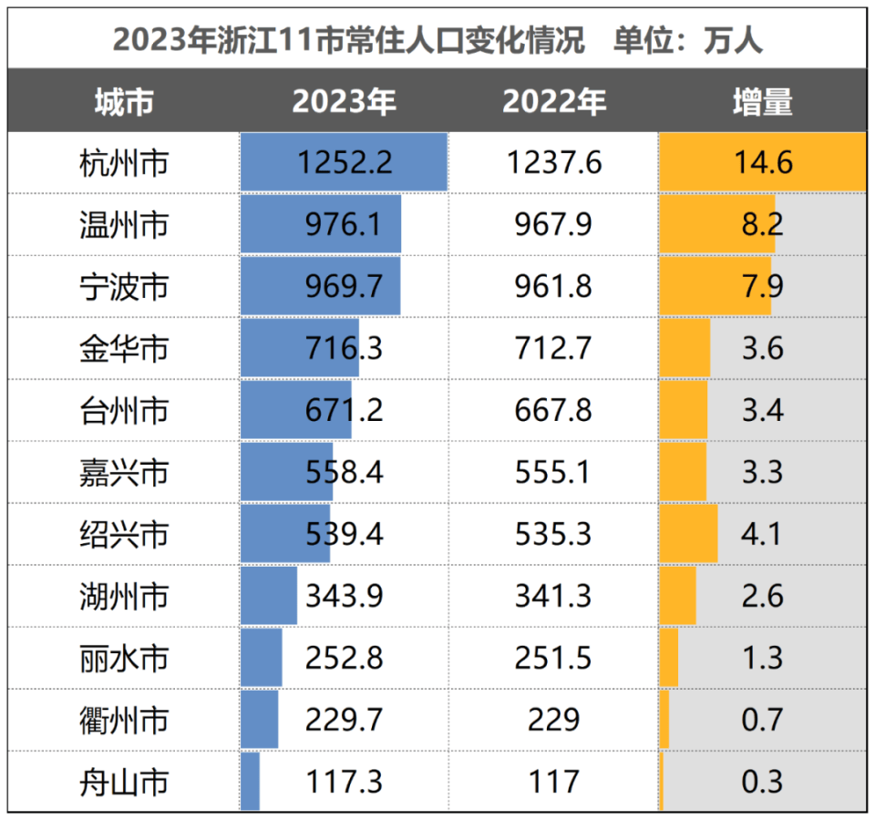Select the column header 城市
point(124,102)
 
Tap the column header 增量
point(762,102)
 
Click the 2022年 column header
point(553,102)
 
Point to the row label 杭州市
point(124,163)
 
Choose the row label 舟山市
point(124,781)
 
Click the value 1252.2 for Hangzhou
point(345,163)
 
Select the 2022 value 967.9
point(553,224)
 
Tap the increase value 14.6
point(762,163)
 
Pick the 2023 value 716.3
point(345,348)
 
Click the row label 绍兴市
point(124,534)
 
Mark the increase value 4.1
point(762,534)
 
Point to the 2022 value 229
point(553,720)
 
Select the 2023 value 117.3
point(345,781)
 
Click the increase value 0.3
point(762,781)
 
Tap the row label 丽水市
point(124,658)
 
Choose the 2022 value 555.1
point(553,472)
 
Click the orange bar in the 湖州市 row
point(678,596)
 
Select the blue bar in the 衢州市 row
point(260,720)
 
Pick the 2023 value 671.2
point(345,410)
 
